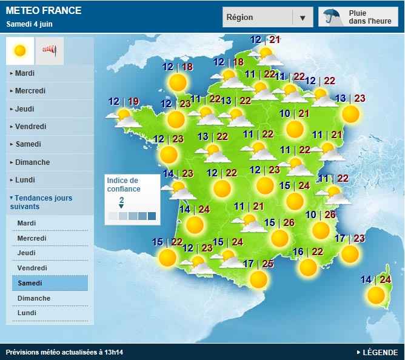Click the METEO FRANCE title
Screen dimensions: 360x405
click(x=44, y=11)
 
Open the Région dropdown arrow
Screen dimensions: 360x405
click(x=303, y=18)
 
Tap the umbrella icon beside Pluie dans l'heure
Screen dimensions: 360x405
click(x=331, y=17)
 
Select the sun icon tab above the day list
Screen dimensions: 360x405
click(x=21, y=51)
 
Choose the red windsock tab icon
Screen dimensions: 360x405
click(x=49, y=51)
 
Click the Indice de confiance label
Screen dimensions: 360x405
click(x=123, y=184)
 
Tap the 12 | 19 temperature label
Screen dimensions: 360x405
click(x=124, y=101)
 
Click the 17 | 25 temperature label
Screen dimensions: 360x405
click(x=258, y=264)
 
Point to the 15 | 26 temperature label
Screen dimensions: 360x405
click(x=279, y=222)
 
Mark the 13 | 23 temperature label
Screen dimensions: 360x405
click(x=350, y=98)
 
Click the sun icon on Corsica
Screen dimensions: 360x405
click(x=376, y=295)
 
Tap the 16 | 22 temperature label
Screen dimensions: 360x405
click(x=308, y=252)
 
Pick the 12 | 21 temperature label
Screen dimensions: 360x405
click(x=265, y=40)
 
